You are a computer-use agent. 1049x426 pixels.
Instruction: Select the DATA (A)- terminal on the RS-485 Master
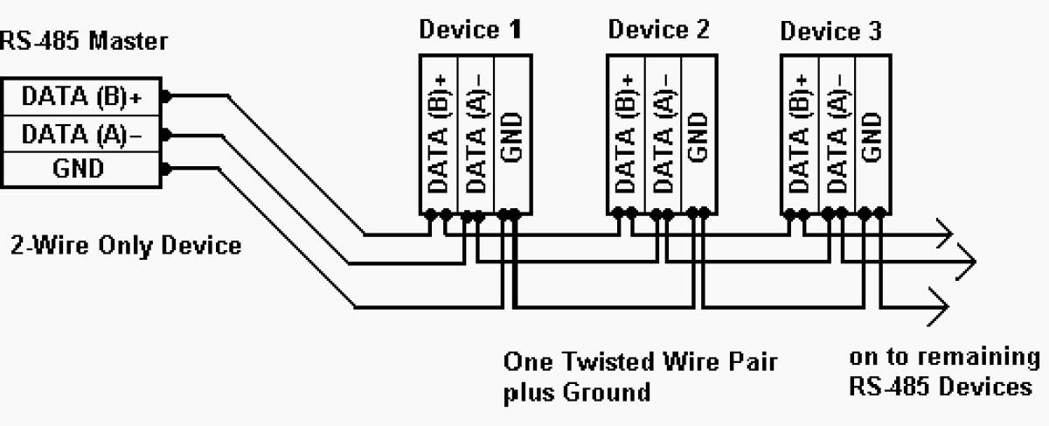[81, 134]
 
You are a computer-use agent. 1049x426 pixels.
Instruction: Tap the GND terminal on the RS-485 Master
[81, 167]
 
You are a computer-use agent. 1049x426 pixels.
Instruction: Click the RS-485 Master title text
[85, 40]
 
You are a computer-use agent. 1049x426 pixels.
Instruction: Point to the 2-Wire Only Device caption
[126, 244]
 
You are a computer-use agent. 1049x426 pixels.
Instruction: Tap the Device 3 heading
[831, 32]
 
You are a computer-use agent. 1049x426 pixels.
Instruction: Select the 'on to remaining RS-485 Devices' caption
[944, 372]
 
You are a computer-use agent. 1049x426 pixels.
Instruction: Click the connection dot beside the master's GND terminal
[165, 168]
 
